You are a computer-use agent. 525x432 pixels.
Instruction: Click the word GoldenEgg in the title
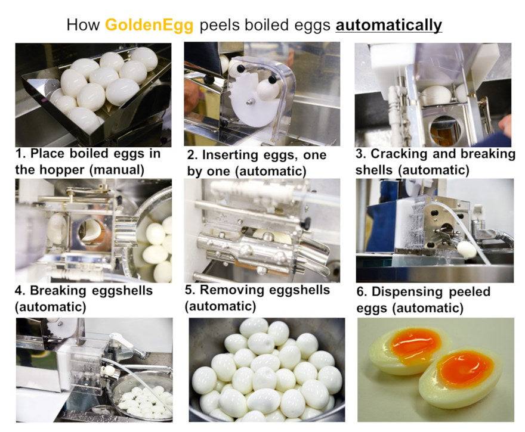pos(149,26)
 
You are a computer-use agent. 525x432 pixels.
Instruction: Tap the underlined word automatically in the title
pos(389,26)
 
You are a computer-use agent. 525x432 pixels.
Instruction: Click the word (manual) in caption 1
pos(117,170)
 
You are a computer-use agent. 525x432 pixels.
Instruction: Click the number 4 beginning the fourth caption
pos(20,291)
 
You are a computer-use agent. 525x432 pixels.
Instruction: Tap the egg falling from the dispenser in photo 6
pos(467,250)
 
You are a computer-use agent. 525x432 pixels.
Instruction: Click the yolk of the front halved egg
pos(465,368)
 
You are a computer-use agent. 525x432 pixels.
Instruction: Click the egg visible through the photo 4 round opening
pos(91,230)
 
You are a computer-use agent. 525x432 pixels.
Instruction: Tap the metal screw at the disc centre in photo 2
pos(249,101)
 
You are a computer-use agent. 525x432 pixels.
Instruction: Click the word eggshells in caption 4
pos(122,291)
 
